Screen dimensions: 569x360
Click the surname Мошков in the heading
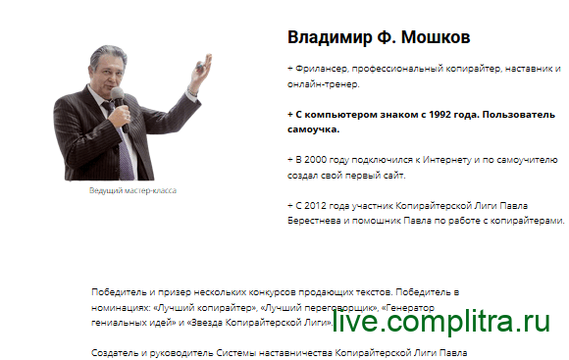[436, 37]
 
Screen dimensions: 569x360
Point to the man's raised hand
[202, 69]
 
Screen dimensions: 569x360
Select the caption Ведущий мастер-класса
[132, 190]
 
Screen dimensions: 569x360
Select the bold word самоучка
[313, 129]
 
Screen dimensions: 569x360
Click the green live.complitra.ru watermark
[441, 321]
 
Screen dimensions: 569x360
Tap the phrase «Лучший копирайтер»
[205, 308]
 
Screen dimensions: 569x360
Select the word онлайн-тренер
[323, 84]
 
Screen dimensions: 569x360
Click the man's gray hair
[108, 54]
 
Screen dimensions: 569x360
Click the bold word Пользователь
[519, 115]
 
